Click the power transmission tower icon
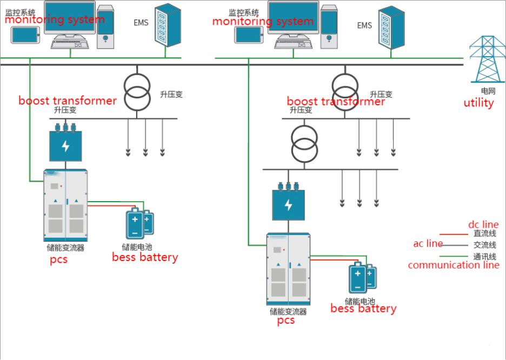487,59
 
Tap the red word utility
478,103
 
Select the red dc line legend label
483,224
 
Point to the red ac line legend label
428,244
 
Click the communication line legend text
454,265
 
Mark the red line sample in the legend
454,235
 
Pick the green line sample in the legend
454,256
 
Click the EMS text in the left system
141,23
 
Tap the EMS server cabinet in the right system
391,28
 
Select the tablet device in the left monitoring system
25,35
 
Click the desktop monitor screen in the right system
293,17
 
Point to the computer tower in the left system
105,27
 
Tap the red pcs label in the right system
286,321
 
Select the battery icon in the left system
139,223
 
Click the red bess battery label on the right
363,309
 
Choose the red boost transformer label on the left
68,101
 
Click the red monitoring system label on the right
263,21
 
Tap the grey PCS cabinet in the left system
65,205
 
